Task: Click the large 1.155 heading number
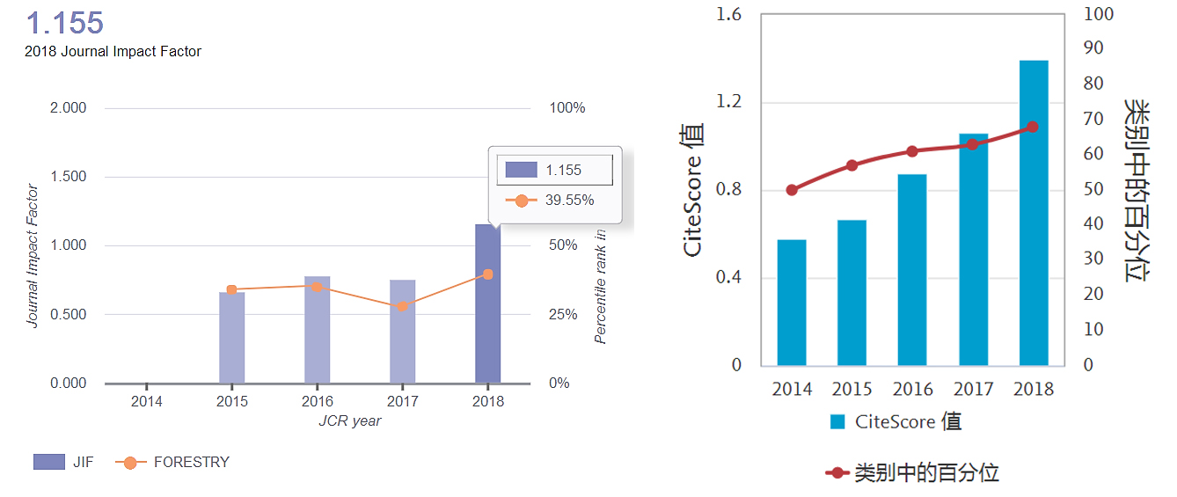point(65,22)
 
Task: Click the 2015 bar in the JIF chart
point(231,338)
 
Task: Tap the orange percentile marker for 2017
point(402,306)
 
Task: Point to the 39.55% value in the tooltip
point(569,201)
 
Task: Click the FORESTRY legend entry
point(191,462)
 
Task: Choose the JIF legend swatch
point(49,462)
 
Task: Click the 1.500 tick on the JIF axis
point(68,177)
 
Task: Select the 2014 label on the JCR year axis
point(146,402)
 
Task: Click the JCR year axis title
point(349,421)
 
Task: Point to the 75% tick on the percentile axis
point(567,177)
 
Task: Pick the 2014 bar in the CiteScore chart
point(792,303)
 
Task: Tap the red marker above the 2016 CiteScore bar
point(912,151)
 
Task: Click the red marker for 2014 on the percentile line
point(792,190)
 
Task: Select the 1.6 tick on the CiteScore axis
point(729,14)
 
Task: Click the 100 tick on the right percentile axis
point(1098,14)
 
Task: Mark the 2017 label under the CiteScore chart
point(973,389)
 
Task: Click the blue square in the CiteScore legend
point(837,422)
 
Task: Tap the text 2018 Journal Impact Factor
point(113,52)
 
